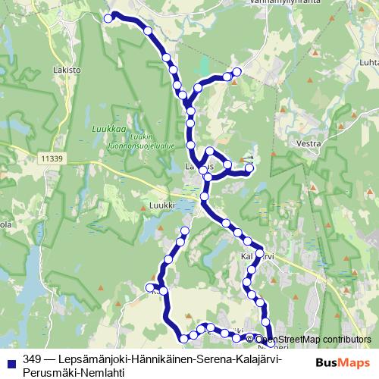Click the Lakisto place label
pyautogui.click(x=67, y=69)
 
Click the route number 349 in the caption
pyautogui.click(x=32, y=359)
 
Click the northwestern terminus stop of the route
pyautogui.click(x=108, y=17)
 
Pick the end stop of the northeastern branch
pyautogui.click(x=237, y=71)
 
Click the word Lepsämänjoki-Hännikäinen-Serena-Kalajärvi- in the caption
pyautogui.click(x=152, y=359)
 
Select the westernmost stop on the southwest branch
pyautogui.click(x=149, y=287)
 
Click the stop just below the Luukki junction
pyautogui.click(x=204, y=198)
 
